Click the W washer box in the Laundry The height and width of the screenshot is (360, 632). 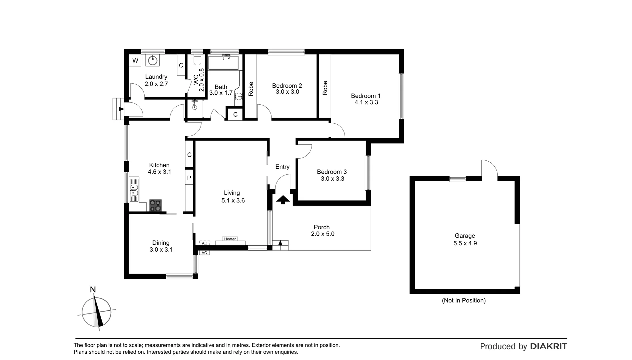pos(135,61)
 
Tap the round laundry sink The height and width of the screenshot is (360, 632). pos(153,61)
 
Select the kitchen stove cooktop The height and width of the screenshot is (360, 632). pos(155,205)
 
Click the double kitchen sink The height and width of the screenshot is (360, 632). pos(134,189)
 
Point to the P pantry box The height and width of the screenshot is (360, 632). pos(189,178)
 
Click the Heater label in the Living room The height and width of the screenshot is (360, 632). pos(230,239)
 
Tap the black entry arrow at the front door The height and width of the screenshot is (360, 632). pos(283,200)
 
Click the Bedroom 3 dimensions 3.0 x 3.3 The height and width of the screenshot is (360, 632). pos(332,179)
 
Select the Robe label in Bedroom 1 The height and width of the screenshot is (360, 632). pos(325,88)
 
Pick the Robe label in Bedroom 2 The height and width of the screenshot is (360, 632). pos(251,89)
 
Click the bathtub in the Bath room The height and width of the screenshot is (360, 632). pos(224,62)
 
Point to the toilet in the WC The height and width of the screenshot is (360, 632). pos(197,60)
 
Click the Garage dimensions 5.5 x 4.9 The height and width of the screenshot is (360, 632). pos(465,243)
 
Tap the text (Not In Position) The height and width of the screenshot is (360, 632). pos(463,300)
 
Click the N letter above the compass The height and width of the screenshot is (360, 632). pos(93,290)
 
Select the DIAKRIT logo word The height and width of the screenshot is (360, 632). pos(548,346)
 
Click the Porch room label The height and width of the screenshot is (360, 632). pos(321,227)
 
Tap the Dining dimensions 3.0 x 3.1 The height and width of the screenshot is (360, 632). pos(161,250)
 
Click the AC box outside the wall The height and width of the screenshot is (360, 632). pos(204,253)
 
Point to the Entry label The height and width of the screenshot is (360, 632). pos(282,167)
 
